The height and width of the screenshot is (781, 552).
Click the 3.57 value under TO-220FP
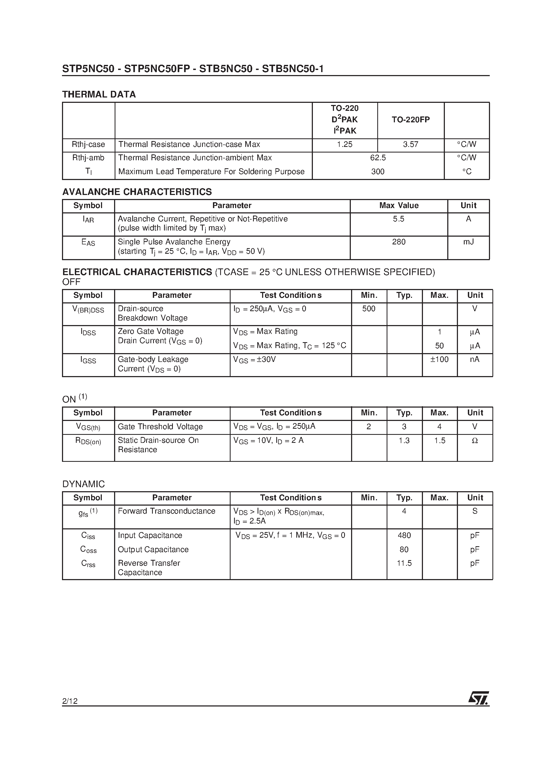410,145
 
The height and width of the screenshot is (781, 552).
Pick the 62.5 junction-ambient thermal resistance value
378,158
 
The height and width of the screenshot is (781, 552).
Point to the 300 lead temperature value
378,172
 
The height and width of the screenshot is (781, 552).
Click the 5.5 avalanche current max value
399,219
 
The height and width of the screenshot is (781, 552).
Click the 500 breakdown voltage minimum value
368,309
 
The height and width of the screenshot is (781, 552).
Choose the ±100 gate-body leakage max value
439,360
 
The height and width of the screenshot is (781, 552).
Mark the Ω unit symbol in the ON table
475,441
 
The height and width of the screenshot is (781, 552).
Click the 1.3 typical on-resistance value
404,441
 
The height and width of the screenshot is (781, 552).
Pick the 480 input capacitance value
404,536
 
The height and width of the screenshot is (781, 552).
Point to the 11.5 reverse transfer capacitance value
404,563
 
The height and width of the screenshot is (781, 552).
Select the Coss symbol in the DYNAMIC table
88,550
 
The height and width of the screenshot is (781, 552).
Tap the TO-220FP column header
410,120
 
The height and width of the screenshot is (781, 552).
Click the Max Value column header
399,206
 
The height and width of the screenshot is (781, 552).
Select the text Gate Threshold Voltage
160,427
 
